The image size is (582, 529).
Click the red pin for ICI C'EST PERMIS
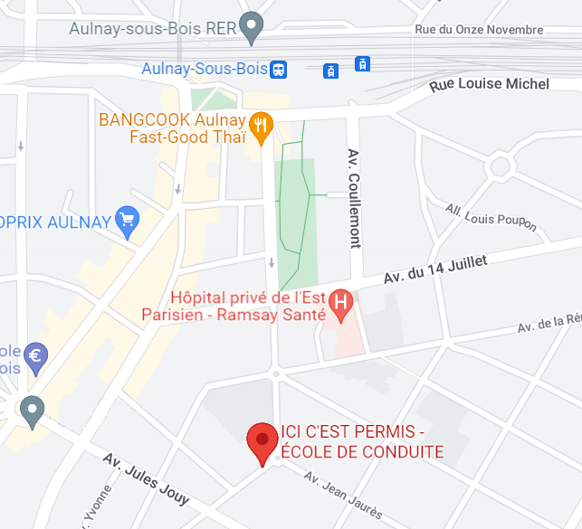(x=262, y=440)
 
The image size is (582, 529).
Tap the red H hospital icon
(x=341, y=304)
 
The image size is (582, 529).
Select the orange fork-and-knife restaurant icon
(x=262, y=127)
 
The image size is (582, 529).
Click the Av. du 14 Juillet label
(x=435, y=269)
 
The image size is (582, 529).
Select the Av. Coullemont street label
(x=354, y=198)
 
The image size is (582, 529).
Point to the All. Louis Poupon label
(x=491, y=217)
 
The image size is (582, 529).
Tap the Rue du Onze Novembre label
(x=479, y=29)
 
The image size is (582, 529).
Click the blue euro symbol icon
(x=35, y=354)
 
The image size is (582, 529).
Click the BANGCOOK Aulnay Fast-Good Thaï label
(x=172, y=128)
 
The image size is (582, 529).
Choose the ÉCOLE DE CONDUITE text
(x=362, y=452)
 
